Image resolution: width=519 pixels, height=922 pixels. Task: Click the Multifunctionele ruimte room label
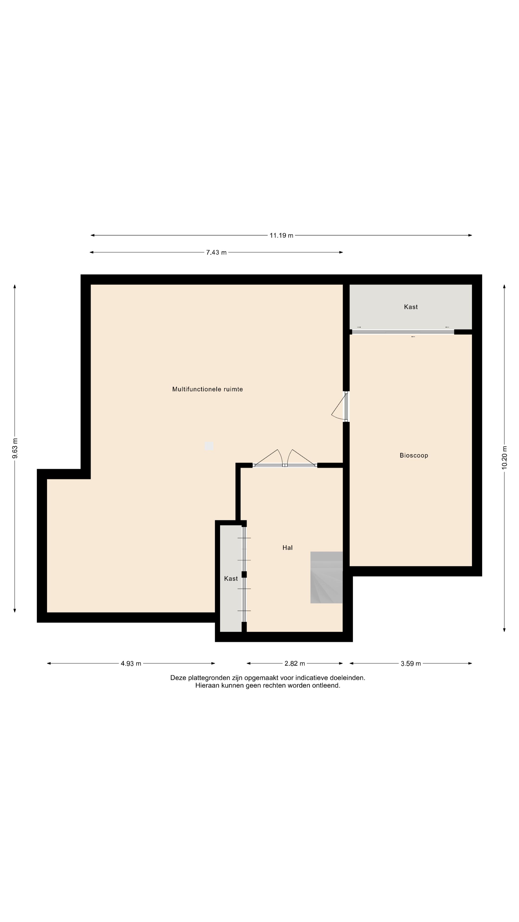(207, 389)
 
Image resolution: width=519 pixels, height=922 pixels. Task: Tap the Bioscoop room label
(414, 455)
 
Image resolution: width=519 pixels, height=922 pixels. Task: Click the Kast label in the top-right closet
(411, 307)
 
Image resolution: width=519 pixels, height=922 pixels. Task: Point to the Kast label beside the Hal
(231, 578)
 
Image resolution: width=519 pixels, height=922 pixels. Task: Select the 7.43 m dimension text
(216, 253)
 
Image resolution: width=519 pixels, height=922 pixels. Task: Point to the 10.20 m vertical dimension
(504, 457)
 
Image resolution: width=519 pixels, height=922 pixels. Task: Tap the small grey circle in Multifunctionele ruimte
(209, 446)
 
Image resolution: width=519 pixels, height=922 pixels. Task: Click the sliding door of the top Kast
(403, 332)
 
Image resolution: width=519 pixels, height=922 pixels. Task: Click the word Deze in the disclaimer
(178, 678)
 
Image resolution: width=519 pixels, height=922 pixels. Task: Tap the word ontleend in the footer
(326, 685)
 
